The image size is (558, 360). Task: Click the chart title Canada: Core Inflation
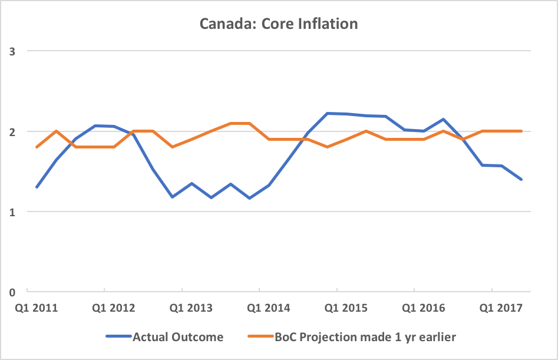pos(279,24)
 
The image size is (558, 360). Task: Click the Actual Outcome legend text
pos(178,337)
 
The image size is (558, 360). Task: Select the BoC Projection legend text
pos(365,337)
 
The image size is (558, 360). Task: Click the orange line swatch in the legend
pos(260,337)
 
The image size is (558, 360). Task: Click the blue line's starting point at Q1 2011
pos(37,187)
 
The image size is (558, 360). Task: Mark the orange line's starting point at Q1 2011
pos(37,147)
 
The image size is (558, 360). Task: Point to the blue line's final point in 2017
pos(521,179)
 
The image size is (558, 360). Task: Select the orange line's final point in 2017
pos(521,131)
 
